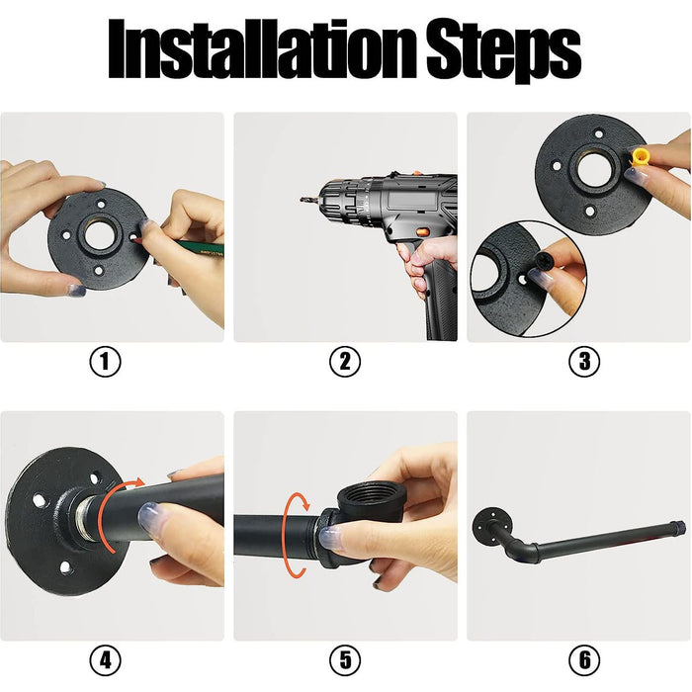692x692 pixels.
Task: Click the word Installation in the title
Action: point(262,49)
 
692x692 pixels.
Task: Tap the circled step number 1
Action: point(105,362)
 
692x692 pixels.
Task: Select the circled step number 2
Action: point(345,362)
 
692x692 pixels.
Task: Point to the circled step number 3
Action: point(584,362)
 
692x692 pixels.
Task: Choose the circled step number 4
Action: point(105,660)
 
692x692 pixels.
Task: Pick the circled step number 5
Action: point(345,660)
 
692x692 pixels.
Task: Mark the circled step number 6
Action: point(584,660)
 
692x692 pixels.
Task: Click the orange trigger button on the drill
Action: point(422,230)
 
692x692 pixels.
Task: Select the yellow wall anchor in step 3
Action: point(641,157)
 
